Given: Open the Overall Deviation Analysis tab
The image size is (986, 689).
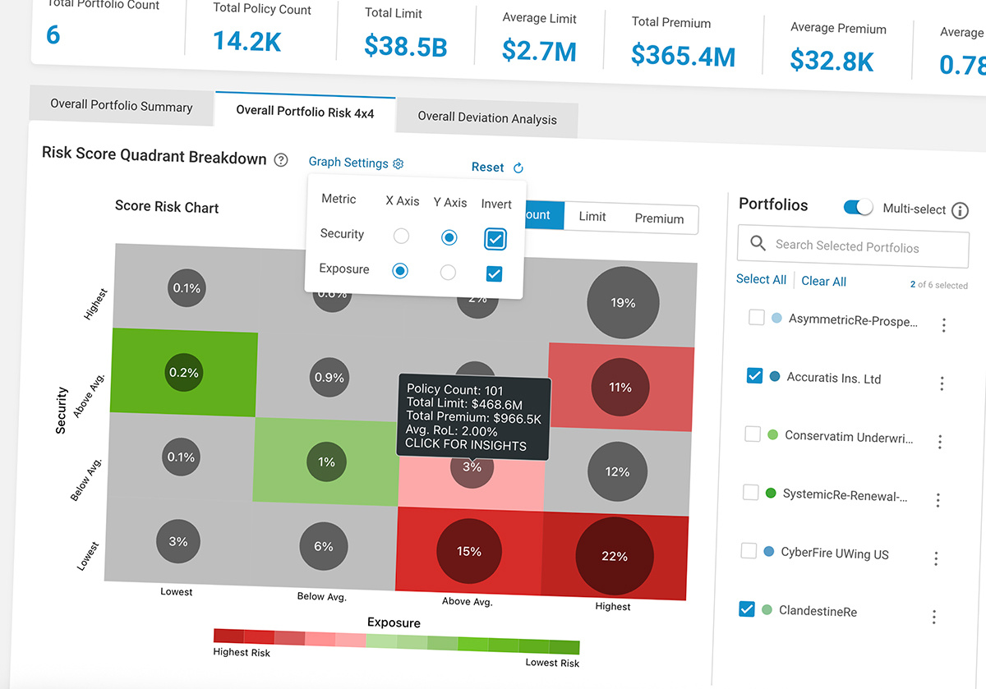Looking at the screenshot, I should click(486, 117).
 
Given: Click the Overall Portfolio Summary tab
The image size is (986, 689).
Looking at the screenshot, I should click(121, 106).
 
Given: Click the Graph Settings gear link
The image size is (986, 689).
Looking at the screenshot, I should click(356, 163).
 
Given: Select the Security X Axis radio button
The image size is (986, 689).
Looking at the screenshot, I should click(401, 237).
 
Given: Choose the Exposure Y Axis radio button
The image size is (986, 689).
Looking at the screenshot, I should click(448, 272).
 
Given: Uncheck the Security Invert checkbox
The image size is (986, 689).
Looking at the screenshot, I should click(495, 239).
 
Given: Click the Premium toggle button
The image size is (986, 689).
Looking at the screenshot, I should click(659, 218).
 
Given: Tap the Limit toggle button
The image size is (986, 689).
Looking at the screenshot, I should click(592, 217).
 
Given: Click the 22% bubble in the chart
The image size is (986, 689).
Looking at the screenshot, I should click(614, 556).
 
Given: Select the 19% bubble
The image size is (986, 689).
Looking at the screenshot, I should click(623, 303).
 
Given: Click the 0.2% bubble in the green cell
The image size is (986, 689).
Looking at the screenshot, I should click(184, 372).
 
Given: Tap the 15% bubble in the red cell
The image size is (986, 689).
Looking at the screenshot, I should click(469, 551).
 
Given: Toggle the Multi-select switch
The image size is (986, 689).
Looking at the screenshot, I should click(859, 208).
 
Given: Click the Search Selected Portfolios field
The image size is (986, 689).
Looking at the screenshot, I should click(855, 246).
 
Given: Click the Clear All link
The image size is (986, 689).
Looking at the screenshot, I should click(823, 281).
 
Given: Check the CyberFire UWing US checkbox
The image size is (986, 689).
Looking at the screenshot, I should click(748, 550).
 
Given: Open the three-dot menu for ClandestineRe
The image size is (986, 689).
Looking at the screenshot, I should click(933, 617).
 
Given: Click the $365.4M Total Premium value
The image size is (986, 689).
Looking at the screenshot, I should click(683, 55).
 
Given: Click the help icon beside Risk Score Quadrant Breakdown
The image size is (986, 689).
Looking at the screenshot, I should click(281, 160).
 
